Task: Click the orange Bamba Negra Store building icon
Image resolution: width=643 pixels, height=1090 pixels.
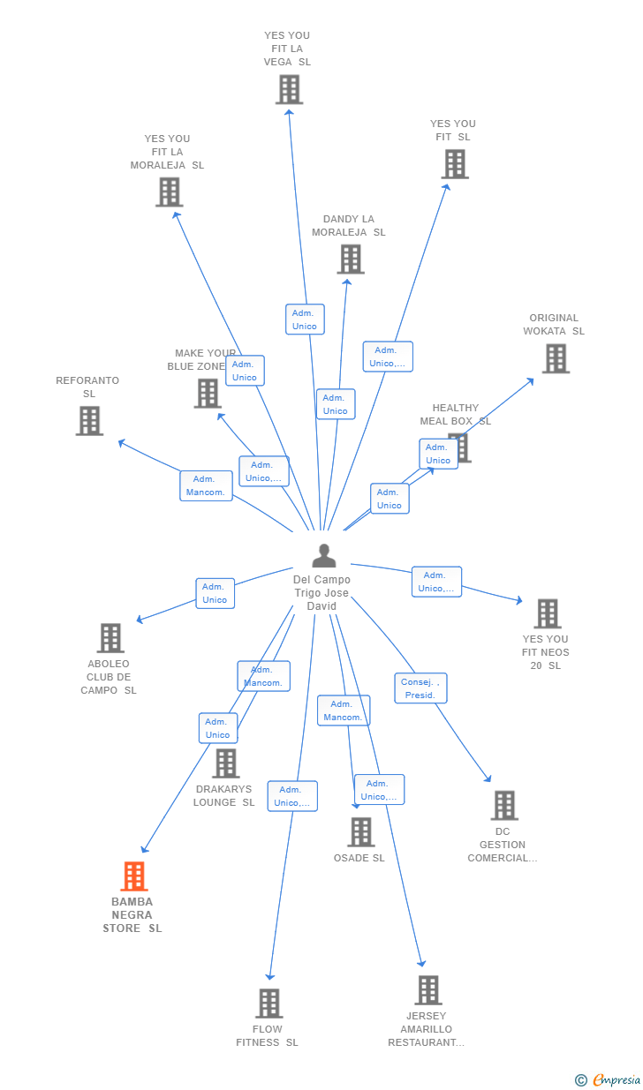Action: [x=133, y=876]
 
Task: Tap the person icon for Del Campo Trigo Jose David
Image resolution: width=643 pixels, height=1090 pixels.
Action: [x=324, y=556]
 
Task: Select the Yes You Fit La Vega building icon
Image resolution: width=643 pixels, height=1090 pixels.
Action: [x=289, y=89]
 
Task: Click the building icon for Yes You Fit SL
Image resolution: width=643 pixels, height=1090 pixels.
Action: [x=455, y=164]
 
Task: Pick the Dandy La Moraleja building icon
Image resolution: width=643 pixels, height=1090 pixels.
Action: [x=351, y=259]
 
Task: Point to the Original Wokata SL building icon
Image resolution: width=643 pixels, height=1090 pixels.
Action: [x=556, y=358]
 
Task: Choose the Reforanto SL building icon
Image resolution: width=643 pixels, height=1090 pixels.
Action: [x=89, y=421]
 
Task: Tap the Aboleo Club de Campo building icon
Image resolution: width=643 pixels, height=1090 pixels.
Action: [x=110, y=637]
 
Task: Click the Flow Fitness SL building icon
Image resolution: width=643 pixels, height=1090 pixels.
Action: [x=269, y=1004]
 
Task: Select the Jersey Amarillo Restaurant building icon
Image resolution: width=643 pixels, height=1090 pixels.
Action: [x=428, y=990]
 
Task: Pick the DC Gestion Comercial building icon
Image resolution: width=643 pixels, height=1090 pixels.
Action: [x=504, y=805]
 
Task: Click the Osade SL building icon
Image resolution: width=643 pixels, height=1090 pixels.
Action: [x=360, y=832]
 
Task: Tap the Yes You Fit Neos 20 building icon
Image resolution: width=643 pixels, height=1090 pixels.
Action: [x=548, y=613]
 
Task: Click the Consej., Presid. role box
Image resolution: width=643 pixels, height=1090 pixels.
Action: [x=420, y=688]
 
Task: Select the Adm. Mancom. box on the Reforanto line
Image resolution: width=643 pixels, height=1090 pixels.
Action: [x=206, y=485]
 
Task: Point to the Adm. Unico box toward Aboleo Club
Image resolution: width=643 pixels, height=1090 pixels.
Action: [x=215, y=593]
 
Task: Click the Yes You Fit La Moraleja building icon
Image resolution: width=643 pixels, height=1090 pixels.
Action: [x=169, y=192]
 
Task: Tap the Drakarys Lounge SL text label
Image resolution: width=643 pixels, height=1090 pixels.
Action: [x=224, y=796]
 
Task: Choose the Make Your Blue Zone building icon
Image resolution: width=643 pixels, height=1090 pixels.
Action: [x=208, y=394]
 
